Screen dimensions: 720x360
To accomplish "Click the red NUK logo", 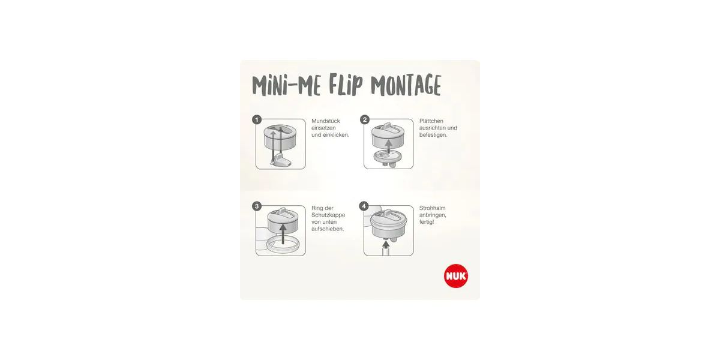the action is coord(456,276).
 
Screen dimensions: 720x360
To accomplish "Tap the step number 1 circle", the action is coord(257,120).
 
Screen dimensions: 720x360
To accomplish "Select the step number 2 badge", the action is coord(365,120).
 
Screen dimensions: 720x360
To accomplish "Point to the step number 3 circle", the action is coord(257,206).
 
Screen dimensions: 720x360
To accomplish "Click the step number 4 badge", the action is coord(364,206).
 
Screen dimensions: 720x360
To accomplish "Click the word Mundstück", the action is coord(326,121).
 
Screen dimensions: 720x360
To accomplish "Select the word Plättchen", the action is coord(431,121).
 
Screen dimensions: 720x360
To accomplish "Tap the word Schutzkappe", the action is coord(328,215).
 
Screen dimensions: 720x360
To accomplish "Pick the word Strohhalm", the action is coord(433,208).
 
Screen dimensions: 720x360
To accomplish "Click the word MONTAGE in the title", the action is coord(406,85).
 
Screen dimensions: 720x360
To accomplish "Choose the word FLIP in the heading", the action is coord(346,84).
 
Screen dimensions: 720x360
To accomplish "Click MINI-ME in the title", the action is coord(286,86).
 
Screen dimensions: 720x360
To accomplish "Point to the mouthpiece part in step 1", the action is coord(281,160).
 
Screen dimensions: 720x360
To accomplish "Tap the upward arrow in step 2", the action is coord(389,146).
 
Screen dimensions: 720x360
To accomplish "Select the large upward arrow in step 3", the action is coord(283,233).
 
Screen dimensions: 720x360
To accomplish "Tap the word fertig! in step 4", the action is coord(427,222).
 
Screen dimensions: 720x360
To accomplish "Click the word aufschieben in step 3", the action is coord(328,229).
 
